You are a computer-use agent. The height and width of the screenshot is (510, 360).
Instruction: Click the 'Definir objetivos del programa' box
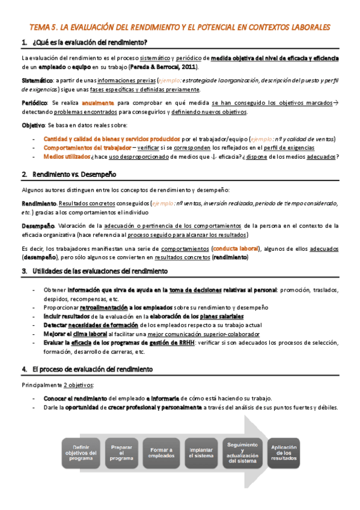[x=82, y=452]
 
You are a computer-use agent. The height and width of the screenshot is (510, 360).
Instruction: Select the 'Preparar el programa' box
[x=122, y=452]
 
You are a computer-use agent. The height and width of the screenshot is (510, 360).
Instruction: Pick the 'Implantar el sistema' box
[x=201, y=452]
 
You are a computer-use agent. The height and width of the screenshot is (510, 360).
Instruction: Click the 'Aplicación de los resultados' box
[x=284, y=452]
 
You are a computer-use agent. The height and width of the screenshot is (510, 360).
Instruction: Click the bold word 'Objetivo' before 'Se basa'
[x=33, y=126]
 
